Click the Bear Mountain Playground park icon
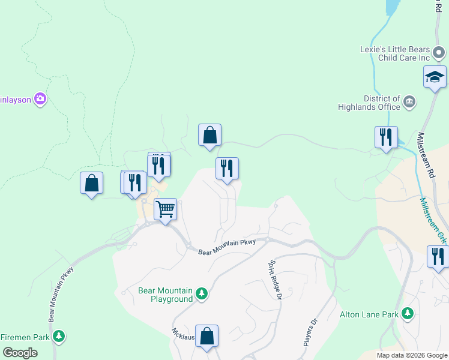click(202, 293)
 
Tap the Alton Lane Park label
click(370, 314)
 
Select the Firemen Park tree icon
click(58, 336)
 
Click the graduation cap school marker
click(435, 77)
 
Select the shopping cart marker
click(165, 209)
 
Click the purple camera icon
click(40, 98)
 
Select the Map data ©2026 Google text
click(412, 355)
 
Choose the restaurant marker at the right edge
click(438, 257)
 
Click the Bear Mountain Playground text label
click(166, 294)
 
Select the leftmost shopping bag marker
click(91, 183)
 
